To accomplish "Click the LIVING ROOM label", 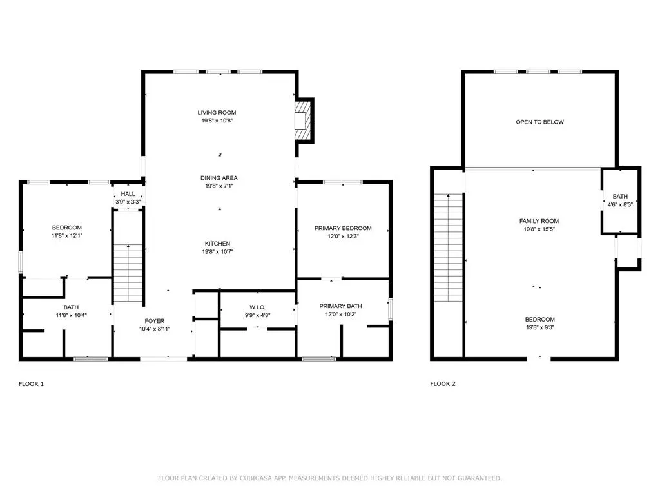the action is tap(217, 112).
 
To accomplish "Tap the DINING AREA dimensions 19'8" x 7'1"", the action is tap(219, 186).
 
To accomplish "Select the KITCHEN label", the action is tap(217, 243).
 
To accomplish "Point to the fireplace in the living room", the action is tap(303, 121).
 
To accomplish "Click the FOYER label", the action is tap(155, 321).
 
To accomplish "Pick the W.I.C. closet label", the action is tap(257, 307).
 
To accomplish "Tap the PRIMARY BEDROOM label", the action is tap(343, 228).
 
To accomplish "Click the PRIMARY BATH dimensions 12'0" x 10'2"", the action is tap(340, 314).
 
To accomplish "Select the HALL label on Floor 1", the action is tap(128, 194).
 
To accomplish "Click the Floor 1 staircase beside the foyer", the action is tap(128, 273).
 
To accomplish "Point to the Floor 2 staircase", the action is tap(449, 247).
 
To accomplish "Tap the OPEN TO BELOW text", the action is tap(539, 122).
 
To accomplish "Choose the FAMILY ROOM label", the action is tap(539, 221).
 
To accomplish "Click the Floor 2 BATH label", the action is tap(620, 196).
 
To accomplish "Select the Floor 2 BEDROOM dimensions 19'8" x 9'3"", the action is tap(540, 327).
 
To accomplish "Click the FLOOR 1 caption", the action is tap(31, 384).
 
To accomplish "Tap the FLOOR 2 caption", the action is tap(443, 384).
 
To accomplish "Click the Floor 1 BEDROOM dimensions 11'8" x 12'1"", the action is tap(67, 236).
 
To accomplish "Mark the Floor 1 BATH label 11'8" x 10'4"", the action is tap(71, 311).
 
